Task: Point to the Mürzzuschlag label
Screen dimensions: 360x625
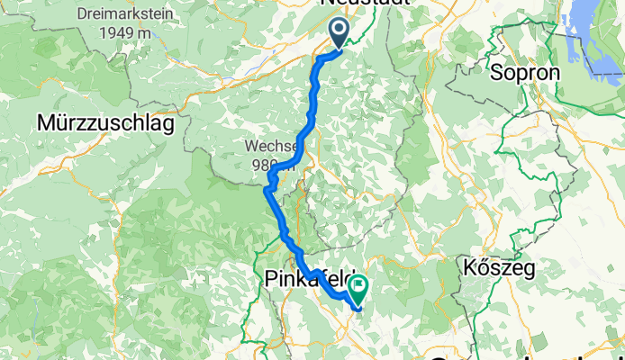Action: (106, 123)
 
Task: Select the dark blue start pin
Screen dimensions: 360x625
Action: (340, 33)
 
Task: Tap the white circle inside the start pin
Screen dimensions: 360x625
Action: (340, 31)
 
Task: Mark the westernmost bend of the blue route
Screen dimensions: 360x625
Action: (266, 189)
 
